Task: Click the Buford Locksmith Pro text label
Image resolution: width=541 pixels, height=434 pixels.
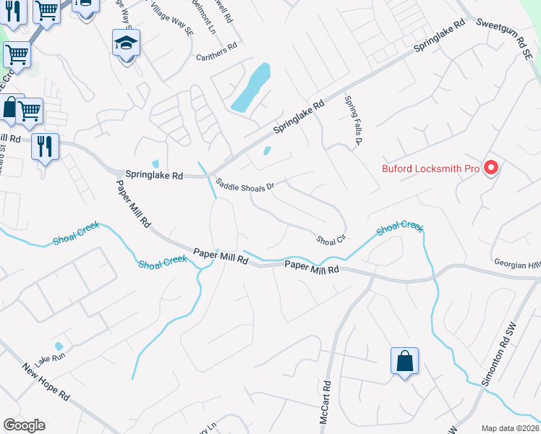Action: (x=431, y=169)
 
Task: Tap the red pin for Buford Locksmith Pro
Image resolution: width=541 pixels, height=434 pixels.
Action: (x=492, y=169)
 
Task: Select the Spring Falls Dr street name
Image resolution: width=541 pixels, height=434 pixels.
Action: (x=352, y=122)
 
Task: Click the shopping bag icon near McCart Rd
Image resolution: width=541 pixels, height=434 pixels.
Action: (x=405, y=359)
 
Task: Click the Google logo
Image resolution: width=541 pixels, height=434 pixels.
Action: (x=24, y=425)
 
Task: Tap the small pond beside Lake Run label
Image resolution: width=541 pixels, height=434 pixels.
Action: (x=59, y=346)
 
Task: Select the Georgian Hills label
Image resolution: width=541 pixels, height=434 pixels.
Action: (x=517, y=264)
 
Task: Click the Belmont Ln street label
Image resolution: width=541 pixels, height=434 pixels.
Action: (x=205, y=19)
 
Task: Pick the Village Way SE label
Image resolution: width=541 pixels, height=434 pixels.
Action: (x=171, y=14)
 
